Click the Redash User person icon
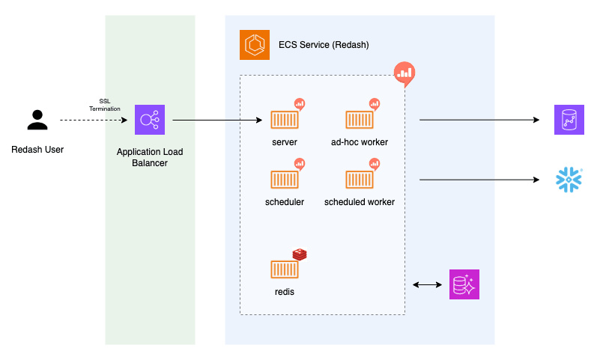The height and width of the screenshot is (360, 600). click(x=37, y=120)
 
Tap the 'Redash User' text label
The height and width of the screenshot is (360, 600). click(x=37, y=150)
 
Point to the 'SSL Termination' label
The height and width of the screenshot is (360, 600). click(x=104, y=105)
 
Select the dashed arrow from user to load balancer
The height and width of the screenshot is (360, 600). click(x=93, y=120)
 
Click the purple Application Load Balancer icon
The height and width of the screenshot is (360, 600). click(x=150, y=120)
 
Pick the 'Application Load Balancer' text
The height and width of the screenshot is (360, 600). click(x=150, y=157)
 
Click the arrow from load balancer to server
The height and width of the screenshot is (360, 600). click(x=217, y=120)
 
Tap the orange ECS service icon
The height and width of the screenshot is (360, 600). click(x=255, y=45)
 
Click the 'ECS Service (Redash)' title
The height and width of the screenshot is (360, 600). click(x=324, y=45)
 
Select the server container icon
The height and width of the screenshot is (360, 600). click(x=285, y=120)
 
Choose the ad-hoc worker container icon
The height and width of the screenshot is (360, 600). click(x=360, y=120)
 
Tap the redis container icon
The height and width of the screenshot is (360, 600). click(x=285, y=269)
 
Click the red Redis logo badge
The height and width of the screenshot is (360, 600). click(x=300, y=254)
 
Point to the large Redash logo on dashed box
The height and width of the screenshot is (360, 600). click(x=404, y=73)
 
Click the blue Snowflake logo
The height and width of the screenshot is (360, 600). click(x=569, y=180)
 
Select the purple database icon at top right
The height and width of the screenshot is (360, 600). click(x=569, y=120)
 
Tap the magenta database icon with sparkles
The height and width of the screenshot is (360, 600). click(x=464, y=284)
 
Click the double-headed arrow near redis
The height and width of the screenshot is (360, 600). click(x=427, y=284)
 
